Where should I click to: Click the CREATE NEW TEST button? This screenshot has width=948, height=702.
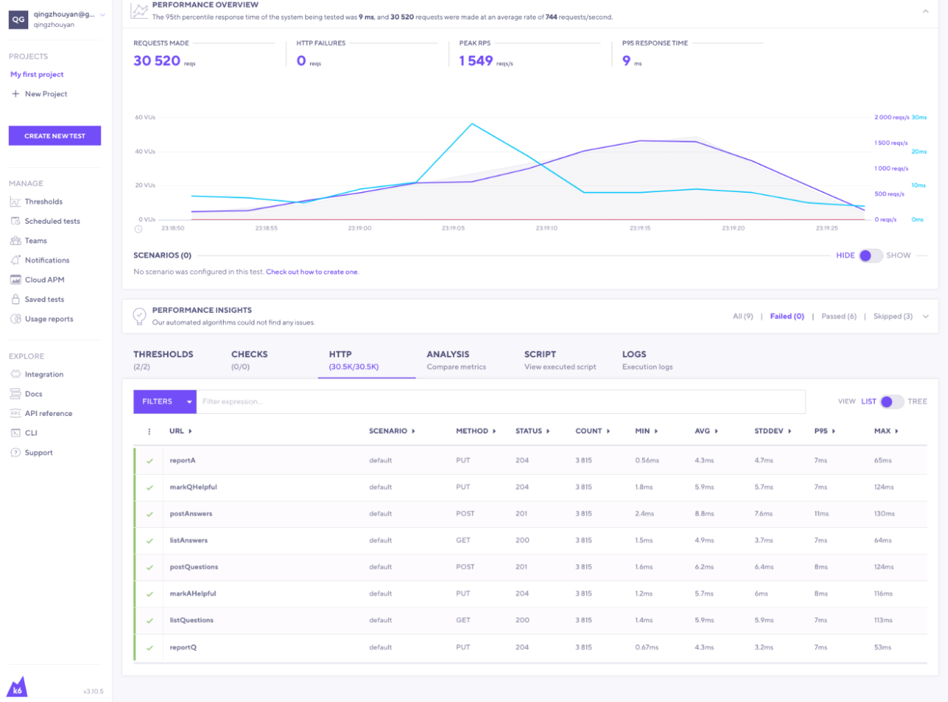55,136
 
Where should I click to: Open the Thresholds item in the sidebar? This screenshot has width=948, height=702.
43,202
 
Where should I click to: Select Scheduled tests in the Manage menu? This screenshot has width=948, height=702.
52,221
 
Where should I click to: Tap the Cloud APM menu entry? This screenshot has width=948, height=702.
44,280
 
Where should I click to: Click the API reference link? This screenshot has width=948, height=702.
48,413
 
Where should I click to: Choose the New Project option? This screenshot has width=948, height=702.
46,94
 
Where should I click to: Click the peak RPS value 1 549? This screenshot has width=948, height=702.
476,61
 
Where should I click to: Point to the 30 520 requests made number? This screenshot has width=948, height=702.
157,61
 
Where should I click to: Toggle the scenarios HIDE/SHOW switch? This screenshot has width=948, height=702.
871,256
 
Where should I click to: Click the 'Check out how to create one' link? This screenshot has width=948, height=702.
312,272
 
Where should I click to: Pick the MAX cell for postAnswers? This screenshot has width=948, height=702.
884,514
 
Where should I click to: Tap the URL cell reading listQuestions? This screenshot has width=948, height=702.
191,620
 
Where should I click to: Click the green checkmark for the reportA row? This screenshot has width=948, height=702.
150,461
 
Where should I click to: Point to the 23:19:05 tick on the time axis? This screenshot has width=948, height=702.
453,228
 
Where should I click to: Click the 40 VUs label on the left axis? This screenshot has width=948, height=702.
145,151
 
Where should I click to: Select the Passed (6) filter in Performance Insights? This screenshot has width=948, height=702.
838,316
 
